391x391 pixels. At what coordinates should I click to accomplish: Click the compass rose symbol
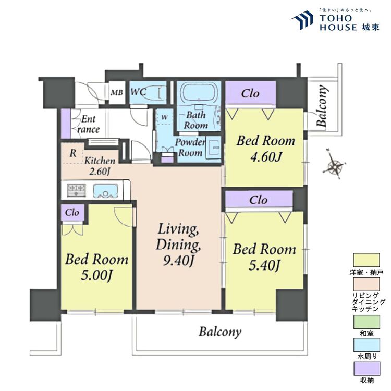[x=334, y=164]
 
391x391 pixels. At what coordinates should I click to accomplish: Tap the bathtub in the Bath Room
[x=199, y=92]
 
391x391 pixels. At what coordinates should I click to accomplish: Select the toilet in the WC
[x=159, y=93]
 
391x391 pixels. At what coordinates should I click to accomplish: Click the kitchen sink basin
[x=105, y=191]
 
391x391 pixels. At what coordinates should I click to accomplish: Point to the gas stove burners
[x=76, y=190]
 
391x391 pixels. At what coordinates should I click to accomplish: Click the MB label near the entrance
[x=117, y=93]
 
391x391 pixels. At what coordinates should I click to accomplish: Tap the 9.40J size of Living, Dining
[x=178, y=261]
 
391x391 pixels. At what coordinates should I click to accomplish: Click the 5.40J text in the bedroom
[x=264, y=265]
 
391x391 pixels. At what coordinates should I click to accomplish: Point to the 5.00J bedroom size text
[x=96, y=276]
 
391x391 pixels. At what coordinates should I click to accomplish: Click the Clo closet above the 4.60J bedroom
[x=250, y=93]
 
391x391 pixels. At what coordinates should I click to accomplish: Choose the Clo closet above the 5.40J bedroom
[x=259, y=200]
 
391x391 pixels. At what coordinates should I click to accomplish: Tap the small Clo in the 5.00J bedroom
[x=72, y=213]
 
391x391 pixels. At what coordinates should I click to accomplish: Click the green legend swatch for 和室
[x=366, y=322]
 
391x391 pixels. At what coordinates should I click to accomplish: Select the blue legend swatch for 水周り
[x=366, y=345]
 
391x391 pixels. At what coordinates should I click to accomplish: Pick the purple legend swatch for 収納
[x=366, y=369]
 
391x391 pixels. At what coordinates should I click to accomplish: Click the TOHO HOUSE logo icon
[x=302, y=21]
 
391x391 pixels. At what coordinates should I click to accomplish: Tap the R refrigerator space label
[x=73, y=153]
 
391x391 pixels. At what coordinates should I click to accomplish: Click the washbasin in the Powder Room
[x=213, y=147]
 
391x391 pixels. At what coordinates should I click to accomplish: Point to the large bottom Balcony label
[x=220, y=332]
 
